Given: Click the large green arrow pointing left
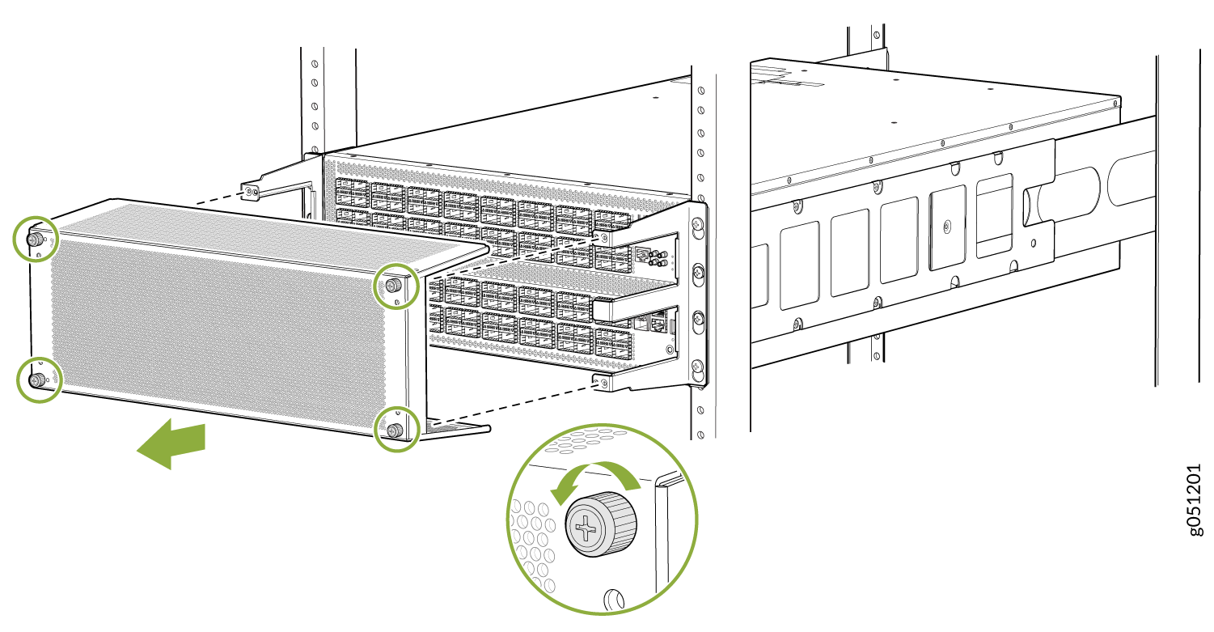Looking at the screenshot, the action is click(171, 443).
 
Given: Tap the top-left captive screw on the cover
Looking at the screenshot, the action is click(36, 239).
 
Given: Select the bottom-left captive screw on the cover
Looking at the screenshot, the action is click(38, 380).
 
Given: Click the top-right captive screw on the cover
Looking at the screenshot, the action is click(394, 285).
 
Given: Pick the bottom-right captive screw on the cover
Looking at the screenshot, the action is click(395, 431).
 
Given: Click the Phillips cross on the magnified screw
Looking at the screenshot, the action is click(586, 527).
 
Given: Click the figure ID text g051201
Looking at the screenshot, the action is click(1195, 500).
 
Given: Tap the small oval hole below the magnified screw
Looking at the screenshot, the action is click(614, 600).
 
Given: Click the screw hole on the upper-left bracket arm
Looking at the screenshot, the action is click(249, 192).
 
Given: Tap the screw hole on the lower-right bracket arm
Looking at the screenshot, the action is click(603, 383).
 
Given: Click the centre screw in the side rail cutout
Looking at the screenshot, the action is click(946, 226).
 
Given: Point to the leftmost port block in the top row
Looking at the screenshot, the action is click(353, 193).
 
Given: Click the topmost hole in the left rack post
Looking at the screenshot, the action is click(315, 64).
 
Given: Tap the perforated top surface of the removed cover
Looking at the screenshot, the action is click(271, 232).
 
